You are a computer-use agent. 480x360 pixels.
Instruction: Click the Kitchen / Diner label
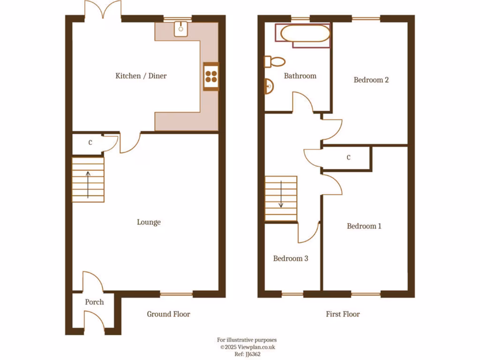tap(141, 76)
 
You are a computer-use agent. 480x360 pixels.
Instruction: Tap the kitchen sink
tap(180, 29)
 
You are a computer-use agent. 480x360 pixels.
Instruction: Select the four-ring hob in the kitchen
tap(211, 76)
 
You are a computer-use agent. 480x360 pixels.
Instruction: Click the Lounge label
tap(149, 222)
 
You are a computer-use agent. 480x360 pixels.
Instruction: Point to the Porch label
tap(94, 302)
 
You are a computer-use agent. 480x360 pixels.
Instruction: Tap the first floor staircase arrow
tap(281, 194)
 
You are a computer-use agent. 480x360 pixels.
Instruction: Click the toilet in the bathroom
tap(275, 61)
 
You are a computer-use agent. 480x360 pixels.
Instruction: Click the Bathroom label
tap(300, 76)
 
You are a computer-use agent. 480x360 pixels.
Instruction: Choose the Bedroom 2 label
tap(371, 80)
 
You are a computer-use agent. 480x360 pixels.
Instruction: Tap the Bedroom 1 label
tap(364, 226)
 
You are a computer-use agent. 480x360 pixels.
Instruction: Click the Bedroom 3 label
tap(291, 258)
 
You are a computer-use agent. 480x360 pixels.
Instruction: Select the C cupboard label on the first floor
tap(348, 158)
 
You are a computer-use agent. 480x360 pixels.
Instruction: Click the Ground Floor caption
tap(168, 314)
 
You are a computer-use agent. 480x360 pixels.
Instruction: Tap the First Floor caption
tap(343, 314)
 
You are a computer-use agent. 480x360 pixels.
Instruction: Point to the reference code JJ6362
tap(253, 354)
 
